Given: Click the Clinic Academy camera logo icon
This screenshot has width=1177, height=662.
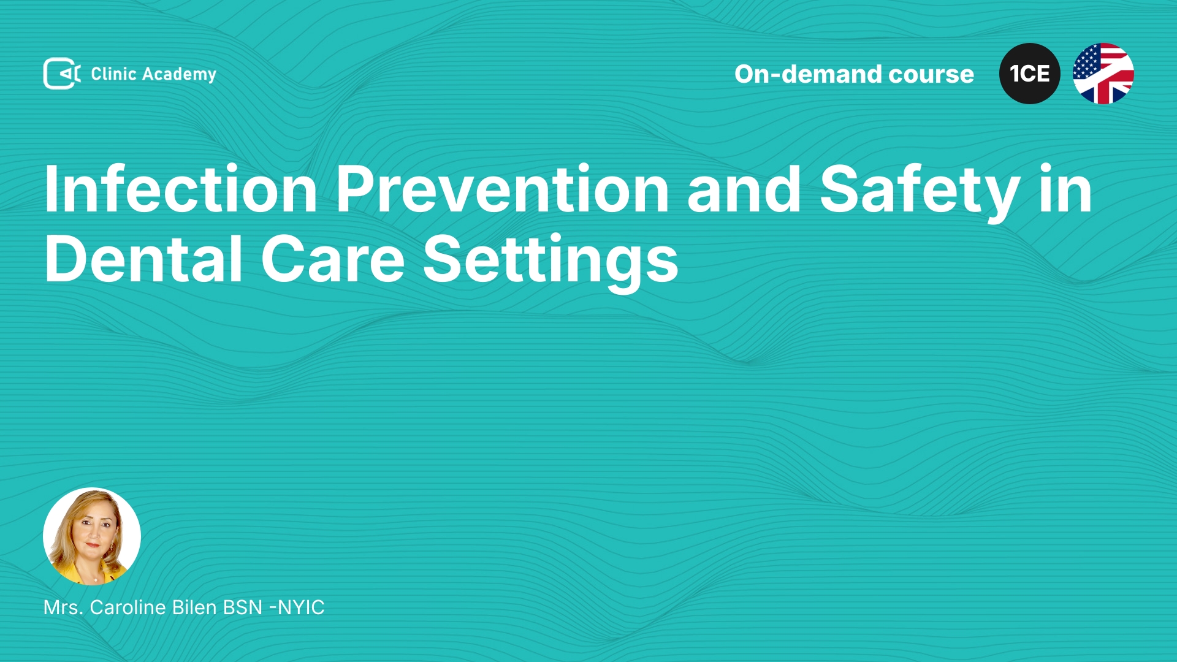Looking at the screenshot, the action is (62, 74).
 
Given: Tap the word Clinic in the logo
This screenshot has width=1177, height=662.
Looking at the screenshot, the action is (113, 74).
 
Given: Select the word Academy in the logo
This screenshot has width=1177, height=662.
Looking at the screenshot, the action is (179, 75).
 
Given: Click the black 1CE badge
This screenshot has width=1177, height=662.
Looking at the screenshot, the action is (1030, 74).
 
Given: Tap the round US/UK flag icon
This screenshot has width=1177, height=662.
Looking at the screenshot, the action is (1103, 74).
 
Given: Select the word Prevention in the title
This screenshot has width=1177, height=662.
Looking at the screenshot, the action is (503, 189).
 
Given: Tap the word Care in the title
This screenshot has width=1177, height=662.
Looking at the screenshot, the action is (333, 260).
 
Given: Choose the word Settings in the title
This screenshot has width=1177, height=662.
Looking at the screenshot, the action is (550, 262).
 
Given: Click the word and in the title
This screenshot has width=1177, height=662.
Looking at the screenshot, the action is (744, 189).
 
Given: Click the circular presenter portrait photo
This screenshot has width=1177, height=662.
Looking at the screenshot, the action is (92, 536).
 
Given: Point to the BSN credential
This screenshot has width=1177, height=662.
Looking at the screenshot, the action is (243, 607).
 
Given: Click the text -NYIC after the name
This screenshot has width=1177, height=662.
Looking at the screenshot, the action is (297, 607).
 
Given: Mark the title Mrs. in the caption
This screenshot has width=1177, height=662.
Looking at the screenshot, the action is (63, 607).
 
